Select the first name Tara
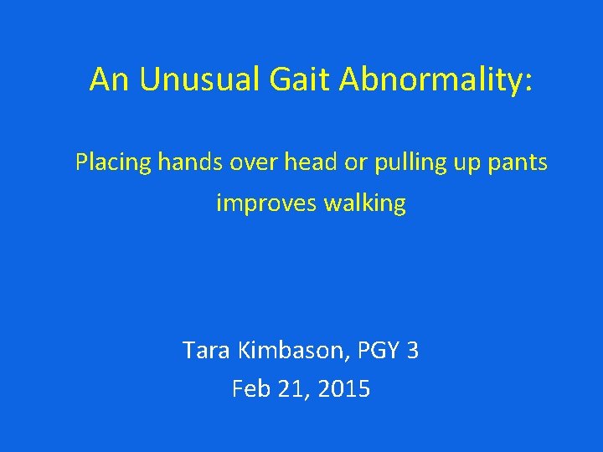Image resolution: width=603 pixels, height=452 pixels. pyautogui.click(x=207, y=350)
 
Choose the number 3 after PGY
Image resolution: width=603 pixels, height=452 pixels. pyautogui.click(x=411, y=350)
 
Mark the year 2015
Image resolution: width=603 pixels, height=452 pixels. pyautogui.click(x=343, y=389)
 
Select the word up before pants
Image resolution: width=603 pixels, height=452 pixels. pyautogui.click(x=464, y=162)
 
